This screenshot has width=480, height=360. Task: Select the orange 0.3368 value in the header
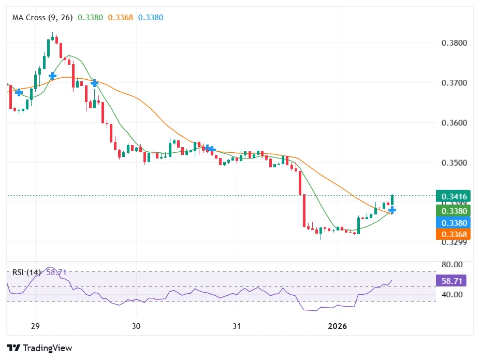coord(120,18)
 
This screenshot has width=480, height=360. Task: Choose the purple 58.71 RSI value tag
coord(452,281)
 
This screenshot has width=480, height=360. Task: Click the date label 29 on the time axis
coord(35,326)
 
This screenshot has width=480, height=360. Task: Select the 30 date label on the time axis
coord(136,326)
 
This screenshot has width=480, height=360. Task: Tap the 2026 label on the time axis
coord(338,326)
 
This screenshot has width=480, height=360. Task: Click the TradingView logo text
coord(40,348)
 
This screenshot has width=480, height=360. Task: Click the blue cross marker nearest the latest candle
coord(392,210)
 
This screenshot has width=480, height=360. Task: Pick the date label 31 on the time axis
coord(236,326)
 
